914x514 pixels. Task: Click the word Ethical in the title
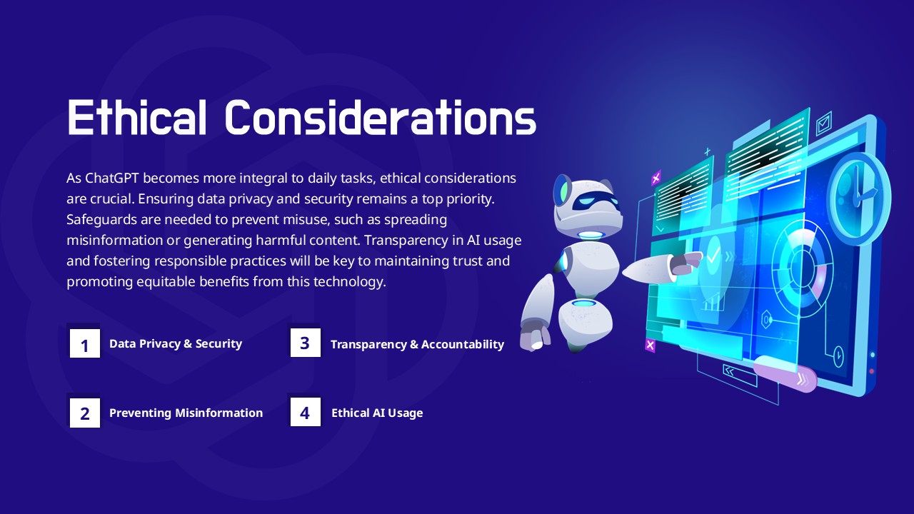coord(136,117)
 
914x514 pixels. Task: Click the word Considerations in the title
coord(381,117)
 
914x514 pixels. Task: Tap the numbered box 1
coord(85,343)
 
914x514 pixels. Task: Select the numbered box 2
coord(85,413)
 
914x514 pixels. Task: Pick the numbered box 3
coord(305,343)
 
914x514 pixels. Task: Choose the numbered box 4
coord(305,412)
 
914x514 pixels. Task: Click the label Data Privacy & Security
coord(176,343)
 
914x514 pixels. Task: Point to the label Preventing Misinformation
coord(186,413)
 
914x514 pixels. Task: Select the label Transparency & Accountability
coord(417,344)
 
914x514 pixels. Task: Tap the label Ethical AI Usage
coord(377,413)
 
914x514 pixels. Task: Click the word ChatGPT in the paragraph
coord(112,178)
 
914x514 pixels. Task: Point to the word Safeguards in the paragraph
coord(101,220)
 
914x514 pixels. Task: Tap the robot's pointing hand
coord(685,263)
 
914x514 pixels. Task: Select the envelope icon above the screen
coord(824,124)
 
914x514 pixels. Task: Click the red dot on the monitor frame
coord(872,371)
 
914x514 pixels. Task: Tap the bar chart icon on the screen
coord(712,302)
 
